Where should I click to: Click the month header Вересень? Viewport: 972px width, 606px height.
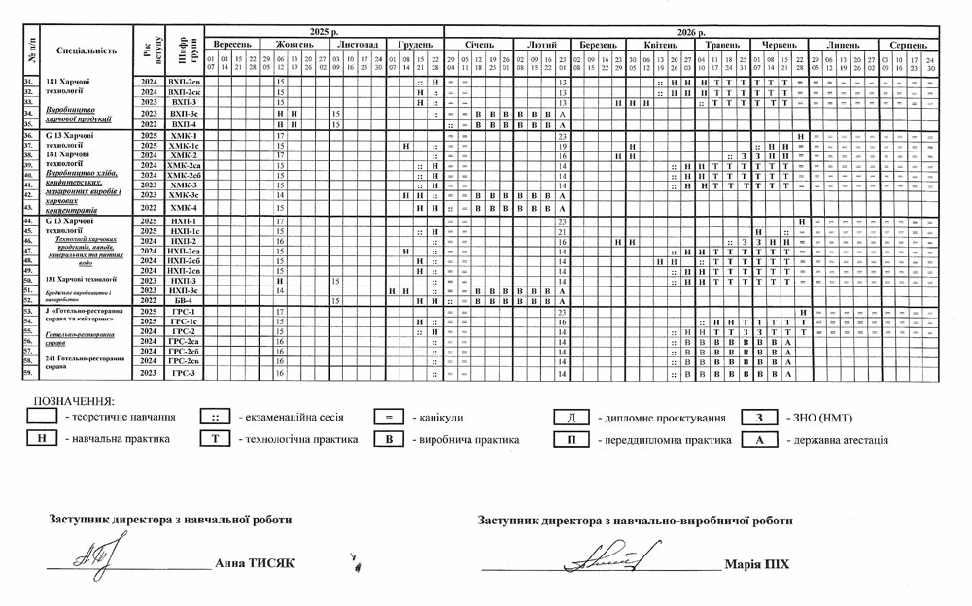pos(233,45)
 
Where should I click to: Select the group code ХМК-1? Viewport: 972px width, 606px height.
pos(183,136)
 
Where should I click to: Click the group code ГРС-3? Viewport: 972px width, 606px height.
pos(183,373)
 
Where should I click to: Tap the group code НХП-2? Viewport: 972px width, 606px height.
pos(183,241)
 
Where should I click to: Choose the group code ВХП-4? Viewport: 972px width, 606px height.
pos(183,124)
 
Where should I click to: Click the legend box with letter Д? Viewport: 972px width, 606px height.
pos(568,418)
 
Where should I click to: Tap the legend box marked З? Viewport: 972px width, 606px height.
pos(756,418)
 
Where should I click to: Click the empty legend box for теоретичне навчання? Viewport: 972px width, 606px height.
pos(42,418)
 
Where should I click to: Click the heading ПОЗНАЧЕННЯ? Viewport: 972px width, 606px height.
pos(74,400)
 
